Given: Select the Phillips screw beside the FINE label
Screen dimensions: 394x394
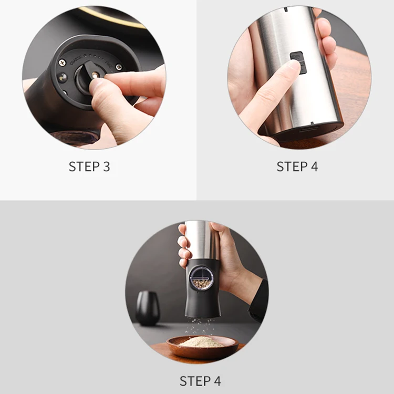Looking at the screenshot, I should click(119, 67).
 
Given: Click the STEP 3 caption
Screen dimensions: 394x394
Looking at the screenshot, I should click(89, 167).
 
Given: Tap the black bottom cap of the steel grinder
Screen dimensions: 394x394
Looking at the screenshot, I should click(310, 129).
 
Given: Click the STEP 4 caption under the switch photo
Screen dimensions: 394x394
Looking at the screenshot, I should click(297, 167).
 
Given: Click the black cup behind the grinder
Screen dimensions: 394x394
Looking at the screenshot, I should click(148, 308).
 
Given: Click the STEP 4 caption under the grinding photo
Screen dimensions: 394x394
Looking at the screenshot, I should click(200, 381).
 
